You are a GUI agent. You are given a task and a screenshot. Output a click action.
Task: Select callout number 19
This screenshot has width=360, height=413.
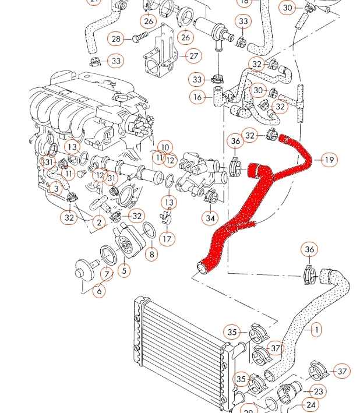[x=329, y=160]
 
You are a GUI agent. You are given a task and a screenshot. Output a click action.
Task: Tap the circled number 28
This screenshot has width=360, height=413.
[x=115, y=39]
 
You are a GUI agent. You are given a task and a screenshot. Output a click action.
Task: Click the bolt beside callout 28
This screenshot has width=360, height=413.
[x=140, y=38]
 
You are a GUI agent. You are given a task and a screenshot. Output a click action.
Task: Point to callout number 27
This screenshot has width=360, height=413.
[x=193, y=57]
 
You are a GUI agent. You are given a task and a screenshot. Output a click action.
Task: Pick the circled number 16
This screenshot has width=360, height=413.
[x=198, y=97]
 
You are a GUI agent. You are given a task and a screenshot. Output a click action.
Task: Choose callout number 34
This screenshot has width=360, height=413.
[x=210, y=218]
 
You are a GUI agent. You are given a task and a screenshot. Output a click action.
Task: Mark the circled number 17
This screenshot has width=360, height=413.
[x=167, y=238]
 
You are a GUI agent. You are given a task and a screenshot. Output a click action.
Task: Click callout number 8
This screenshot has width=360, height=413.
[x=151, y=253]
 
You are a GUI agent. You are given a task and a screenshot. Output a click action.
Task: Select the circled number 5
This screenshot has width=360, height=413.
[x=123, y=270]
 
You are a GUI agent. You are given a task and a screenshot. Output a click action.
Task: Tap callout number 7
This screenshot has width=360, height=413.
[x=107, y=273]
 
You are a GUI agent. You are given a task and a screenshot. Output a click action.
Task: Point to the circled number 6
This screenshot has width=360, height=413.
[x=99, y=290]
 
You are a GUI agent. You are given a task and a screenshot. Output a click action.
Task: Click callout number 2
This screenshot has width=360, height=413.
[x=99, y=222]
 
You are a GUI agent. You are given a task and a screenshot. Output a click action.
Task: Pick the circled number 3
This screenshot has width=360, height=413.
[x=56, y=188]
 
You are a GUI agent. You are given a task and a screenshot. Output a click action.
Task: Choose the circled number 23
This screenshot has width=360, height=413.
[x=318, y=391]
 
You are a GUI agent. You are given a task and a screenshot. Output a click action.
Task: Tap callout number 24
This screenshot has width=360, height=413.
[x=311, y=405]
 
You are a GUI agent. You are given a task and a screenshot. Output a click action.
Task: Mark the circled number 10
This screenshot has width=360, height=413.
[x=165, y=148]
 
